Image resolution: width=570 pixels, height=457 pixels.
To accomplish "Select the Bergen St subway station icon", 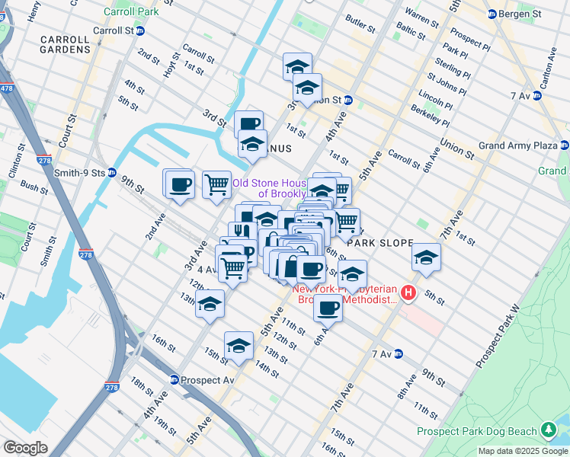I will pos(492,14).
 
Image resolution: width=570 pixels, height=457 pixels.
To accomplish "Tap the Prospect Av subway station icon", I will pos(175,379).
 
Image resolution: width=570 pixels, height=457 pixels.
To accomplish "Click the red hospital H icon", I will pos(408,292).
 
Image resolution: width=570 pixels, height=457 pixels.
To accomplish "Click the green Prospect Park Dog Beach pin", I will pos(547,430).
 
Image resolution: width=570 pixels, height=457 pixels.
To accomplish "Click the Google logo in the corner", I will pos(26,448).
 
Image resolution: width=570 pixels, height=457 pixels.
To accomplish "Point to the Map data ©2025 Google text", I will pos(522,451).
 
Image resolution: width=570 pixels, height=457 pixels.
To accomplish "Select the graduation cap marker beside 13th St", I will pos(210,304).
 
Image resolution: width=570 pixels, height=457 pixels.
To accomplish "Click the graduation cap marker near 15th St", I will pos(239,345).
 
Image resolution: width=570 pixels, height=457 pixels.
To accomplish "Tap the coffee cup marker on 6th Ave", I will pos(328,308).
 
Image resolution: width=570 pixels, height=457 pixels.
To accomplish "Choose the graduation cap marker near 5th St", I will pos(426,257).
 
